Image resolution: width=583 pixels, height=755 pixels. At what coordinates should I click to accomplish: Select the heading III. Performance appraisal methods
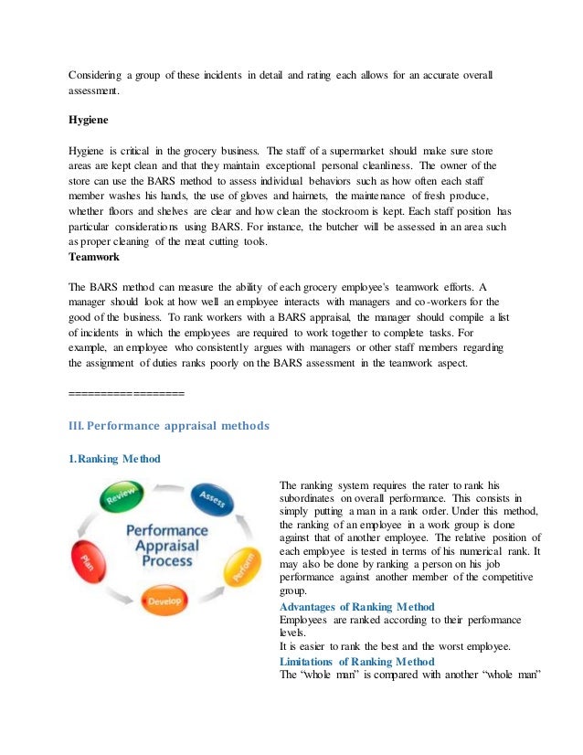169,424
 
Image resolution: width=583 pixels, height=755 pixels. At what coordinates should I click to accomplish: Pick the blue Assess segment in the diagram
213,498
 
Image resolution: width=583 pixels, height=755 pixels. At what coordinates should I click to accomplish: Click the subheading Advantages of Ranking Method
356,607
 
